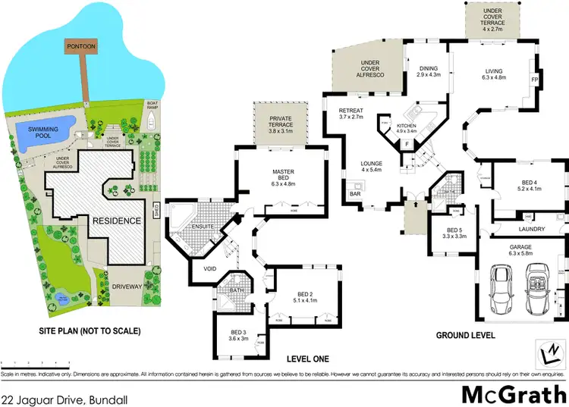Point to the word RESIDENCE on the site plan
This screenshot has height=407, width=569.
[x=116, y=221]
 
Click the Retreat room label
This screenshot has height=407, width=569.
[x=351, y=114]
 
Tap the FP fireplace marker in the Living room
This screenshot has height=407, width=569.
[x=534, y=78]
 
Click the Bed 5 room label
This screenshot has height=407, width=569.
[x=454, y=233]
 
